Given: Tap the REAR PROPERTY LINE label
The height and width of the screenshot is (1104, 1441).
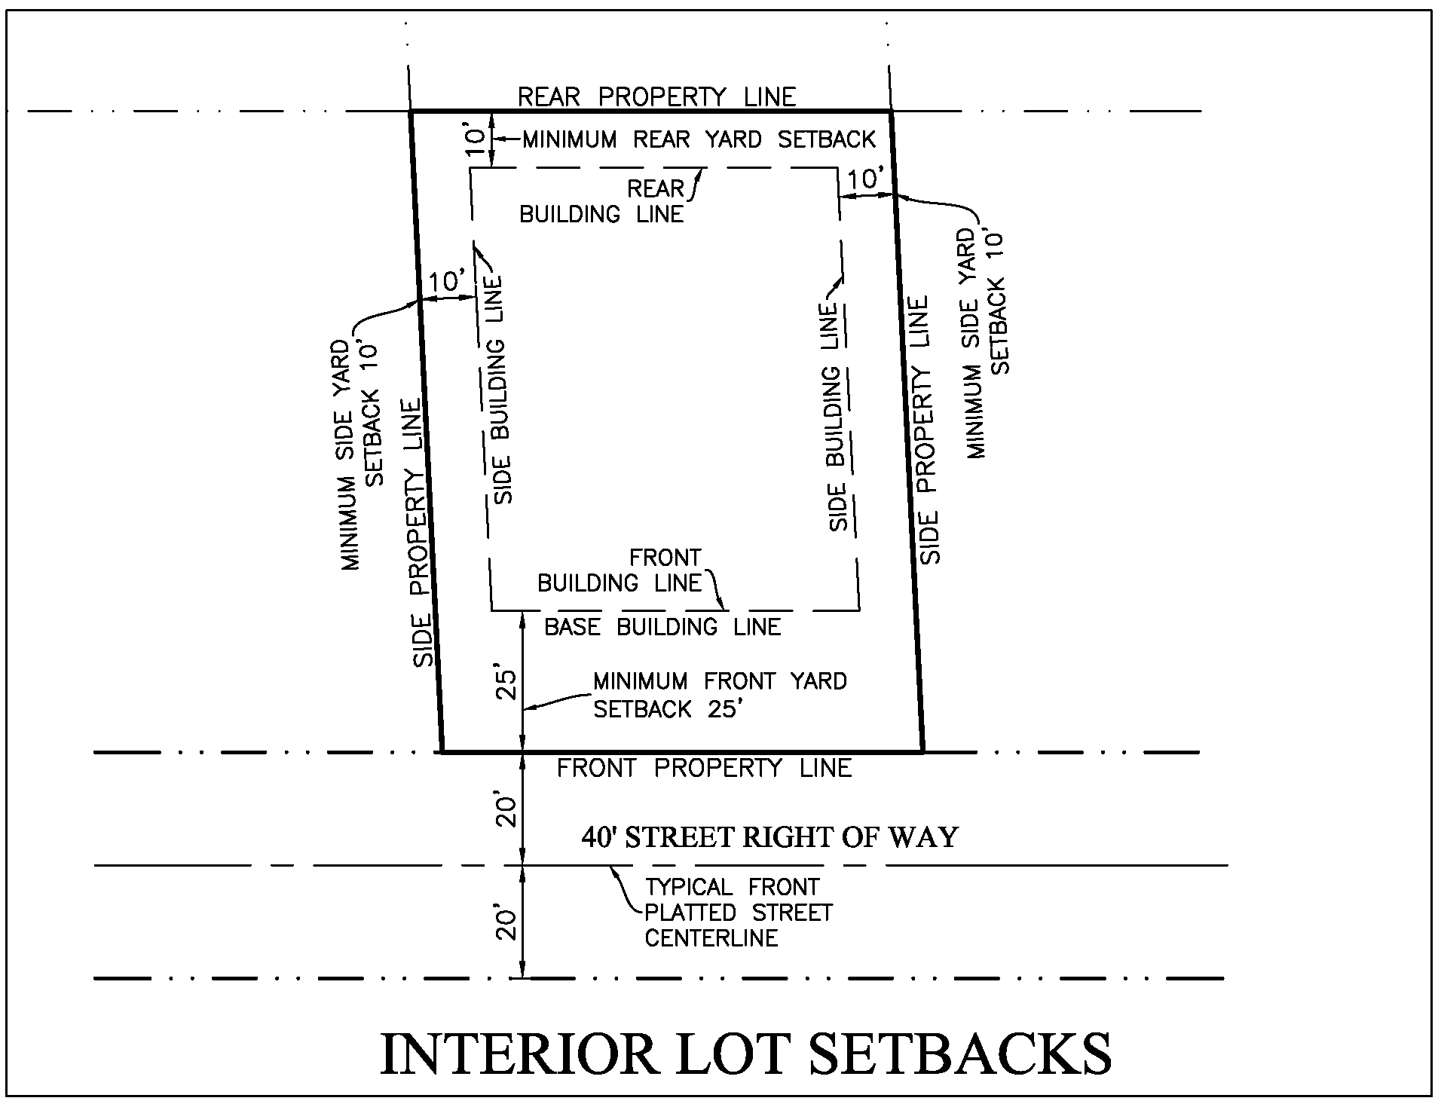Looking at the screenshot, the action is tap(656, 97).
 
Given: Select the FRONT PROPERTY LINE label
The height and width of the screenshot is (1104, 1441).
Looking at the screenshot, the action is tap(704, 768).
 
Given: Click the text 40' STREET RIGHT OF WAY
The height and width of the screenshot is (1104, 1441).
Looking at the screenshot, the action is tap(769, 837).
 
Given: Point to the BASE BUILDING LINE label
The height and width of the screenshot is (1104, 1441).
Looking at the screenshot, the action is tap(662, 627).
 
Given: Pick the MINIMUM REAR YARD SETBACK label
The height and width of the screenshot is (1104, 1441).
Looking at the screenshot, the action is tap(699, 139).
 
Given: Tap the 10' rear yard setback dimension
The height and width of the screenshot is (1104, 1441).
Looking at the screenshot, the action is tap(474, 141).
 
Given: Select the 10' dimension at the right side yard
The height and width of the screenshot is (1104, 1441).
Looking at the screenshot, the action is tap(865, 179).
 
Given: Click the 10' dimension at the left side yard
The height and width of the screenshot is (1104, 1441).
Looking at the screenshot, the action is tap(447, 282).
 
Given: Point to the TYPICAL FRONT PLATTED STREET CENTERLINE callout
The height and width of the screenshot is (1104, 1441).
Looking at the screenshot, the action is tap(738, 913).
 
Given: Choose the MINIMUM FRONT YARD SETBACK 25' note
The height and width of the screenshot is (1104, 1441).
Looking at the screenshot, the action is tap(720, 695).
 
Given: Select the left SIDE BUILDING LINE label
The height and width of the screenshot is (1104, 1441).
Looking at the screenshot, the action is tap(498, 390).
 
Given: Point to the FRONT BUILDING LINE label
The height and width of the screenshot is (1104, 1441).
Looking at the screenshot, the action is tap(620, 570).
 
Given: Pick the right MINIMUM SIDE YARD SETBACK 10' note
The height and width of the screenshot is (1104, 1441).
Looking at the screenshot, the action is tap(987, 344).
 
